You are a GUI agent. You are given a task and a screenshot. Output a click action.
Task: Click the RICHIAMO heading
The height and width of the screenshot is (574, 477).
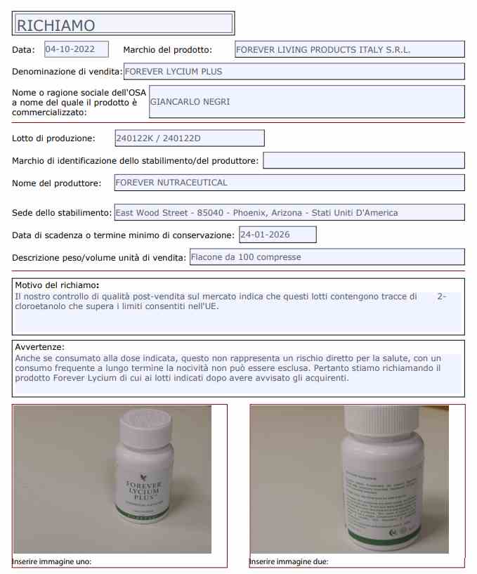(x=56, y=25)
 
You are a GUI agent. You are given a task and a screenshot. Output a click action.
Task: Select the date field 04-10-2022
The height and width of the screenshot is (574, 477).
(x=76, y=49)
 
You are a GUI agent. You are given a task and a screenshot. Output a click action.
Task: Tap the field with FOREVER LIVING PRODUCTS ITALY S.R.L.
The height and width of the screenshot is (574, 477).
(x=348, y=50)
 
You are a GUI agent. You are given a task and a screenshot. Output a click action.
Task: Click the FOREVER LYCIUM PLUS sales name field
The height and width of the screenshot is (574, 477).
(x=293, y=72)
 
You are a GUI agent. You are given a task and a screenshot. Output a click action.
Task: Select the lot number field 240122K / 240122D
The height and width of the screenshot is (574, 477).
(x=189, y=138)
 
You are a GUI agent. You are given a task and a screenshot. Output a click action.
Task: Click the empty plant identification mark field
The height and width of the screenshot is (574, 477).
(x=363, y=161)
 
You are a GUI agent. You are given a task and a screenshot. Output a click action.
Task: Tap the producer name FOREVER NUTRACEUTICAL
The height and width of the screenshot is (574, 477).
(x=289, y=183)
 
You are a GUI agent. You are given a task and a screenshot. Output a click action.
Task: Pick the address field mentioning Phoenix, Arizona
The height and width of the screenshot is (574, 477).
(x=289, y=213)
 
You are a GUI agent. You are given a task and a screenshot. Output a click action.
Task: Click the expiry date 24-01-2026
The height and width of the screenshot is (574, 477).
(x=277, y=235)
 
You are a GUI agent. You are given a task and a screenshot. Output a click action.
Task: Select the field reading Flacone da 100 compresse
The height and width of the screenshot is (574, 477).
(x=327, y=257)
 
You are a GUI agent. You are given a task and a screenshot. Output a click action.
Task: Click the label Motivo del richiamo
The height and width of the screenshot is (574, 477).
(x=57, y=285)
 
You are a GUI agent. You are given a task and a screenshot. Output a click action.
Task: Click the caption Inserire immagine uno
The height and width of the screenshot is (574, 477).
(x=52, y=562)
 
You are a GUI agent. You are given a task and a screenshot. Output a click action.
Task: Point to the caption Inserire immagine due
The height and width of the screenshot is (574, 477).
(x=289, y=562)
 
